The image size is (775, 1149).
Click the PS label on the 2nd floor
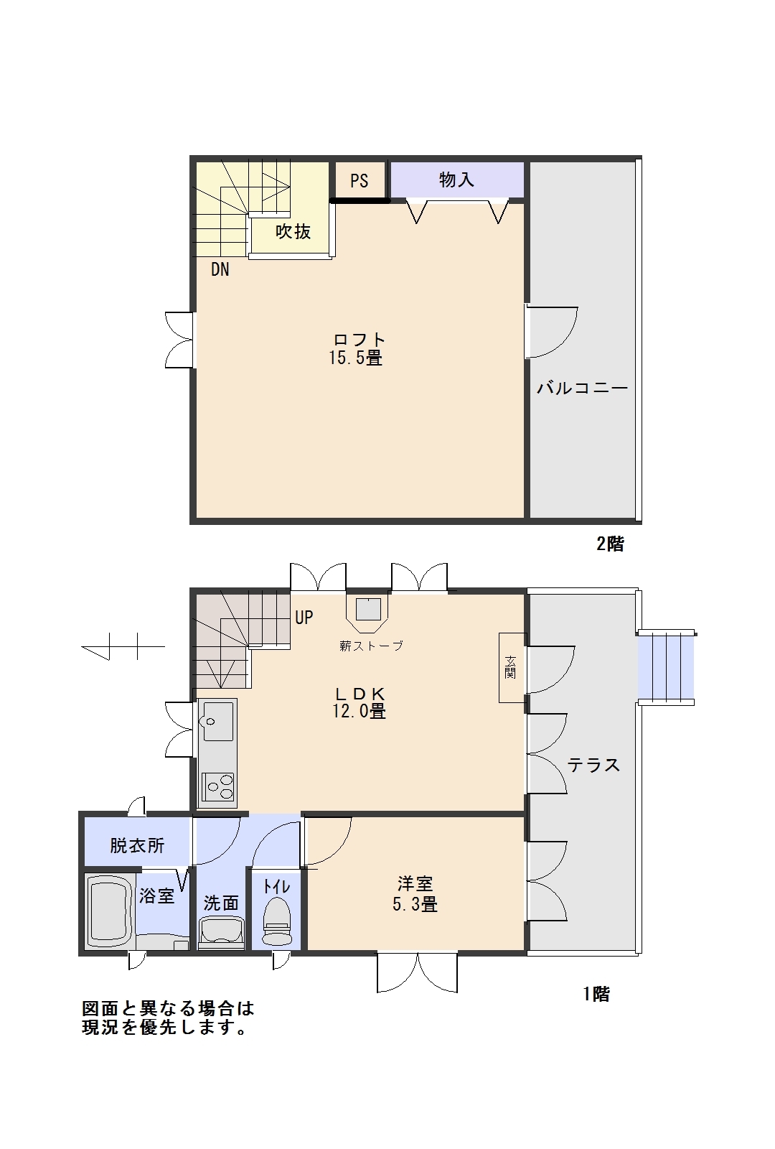[360, 180]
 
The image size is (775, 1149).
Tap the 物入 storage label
[456, 180]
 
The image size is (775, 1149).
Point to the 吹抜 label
[293, 231]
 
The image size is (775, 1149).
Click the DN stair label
[220, 269]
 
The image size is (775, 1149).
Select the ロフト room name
[359, 340]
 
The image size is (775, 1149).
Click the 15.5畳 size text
[356, 358]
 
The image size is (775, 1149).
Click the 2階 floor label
[610, 544]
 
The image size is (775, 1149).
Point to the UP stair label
[304, 617]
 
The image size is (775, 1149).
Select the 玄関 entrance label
[510, 667]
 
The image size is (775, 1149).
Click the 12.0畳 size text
[359, 711]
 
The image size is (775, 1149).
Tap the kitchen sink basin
[219, 722]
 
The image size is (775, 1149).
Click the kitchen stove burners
[219, 787]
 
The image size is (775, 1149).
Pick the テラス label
[593, 765]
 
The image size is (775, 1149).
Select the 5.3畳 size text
[415, 904]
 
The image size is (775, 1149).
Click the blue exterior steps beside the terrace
[665, 667]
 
